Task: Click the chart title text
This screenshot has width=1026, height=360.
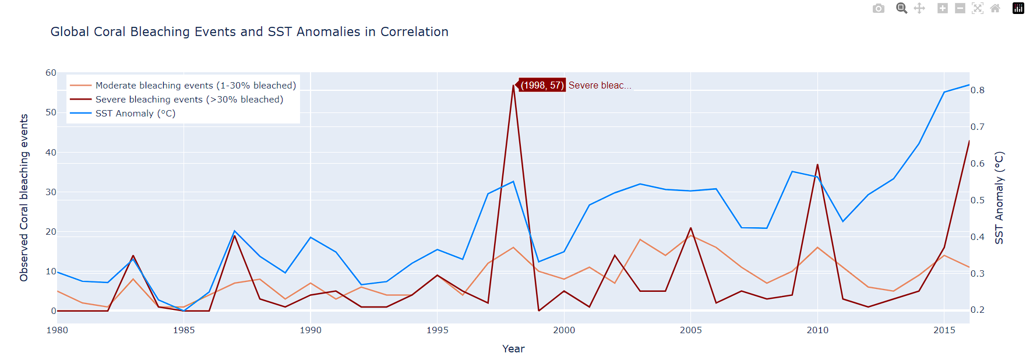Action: click(249, 32)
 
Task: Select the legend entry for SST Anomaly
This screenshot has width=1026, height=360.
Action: click(135, 114)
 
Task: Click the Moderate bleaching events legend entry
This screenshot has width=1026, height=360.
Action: click(195, 86)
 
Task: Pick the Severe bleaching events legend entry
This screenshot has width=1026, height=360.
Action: click(189, 100)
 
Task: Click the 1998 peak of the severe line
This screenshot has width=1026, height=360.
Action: click(513, 86)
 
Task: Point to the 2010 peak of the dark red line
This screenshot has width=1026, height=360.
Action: click(817, 164)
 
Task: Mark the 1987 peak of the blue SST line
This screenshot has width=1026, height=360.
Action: click(234, 231)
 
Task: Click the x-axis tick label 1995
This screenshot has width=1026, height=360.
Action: click(437, 330)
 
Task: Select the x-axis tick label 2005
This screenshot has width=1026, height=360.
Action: click(690, 330)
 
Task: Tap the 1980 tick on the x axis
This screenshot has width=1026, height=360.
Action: click(57, 330)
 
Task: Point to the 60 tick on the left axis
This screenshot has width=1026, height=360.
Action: click(51, 73)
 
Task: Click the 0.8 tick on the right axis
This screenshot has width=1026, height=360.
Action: click(977, 90)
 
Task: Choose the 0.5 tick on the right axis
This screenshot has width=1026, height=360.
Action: click(977, 200)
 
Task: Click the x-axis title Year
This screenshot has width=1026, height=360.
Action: click(513, 349)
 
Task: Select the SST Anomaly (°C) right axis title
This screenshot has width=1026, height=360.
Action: click(999, 198)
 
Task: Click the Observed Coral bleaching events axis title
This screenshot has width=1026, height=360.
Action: click(24, 198)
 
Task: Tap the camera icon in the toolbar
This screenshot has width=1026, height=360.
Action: click(878, 8)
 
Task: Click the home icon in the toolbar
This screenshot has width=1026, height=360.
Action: click(995, 8)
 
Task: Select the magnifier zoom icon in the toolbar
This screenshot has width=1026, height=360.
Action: click(901, 8)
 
